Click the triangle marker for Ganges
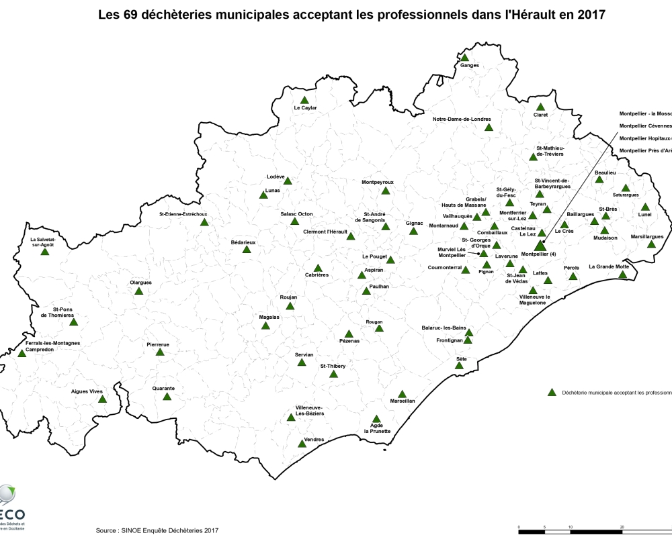coord(464,58)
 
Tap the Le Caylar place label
coord(305,108)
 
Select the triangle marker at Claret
coord(540,107)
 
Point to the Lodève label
coord(276,177)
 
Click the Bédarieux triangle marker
coord(247,249)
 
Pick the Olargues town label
coord(140,283)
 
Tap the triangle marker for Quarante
coord(167,397)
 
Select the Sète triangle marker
coord(460,366)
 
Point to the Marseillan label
coord(403,401)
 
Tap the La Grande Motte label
coord(609,266)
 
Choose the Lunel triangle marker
coord(645,207)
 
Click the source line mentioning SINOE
coord(157,530)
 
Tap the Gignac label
coord(415,224)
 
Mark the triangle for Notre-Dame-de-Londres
coord(489,127)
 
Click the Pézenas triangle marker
coord(348,334)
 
